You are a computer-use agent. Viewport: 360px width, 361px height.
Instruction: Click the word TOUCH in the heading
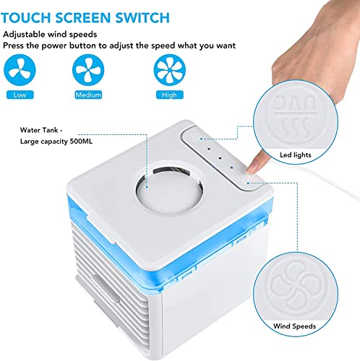pyautogui.click(x=28, y=16)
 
